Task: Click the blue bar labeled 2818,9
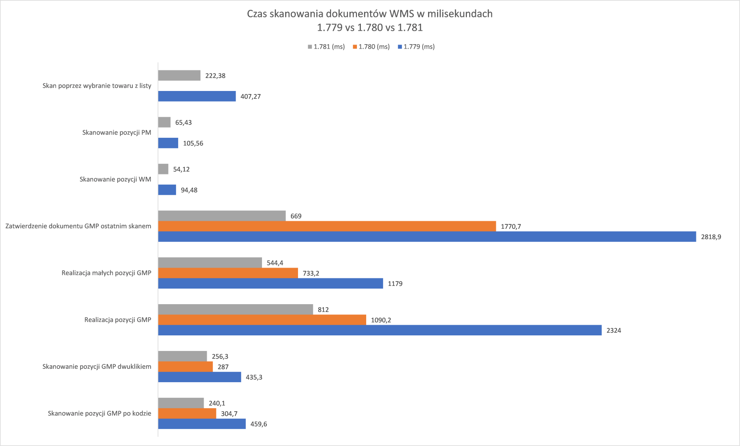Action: coord(427,237)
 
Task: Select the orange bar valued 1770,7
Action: coord(327,227)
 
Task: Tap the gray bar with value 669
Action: coord(222,216)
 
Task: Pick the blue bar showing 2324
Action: coord(380,330)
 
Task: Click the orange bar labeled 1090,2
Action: coord(262,320)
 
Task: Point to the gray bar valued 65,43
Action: coord(164,122)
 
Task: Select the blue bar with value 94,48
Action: coord(167,190)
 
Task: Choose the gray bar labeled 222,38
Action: coord(179,75)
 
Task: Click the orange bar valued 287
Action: coord(185,367)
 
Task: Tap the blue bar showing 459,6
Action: coord(202,424)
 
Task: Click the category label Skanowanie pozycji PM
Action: coord(117,132)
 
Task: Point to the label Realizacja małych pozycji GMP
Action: coord(106,273)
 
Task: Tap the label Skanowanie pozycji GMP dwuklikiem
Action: coord(97,367)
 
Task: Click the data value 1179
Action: coord(395,284)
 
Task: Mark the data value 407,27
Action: coord(250,96)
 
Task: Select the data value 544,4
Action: coord(275,263)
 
